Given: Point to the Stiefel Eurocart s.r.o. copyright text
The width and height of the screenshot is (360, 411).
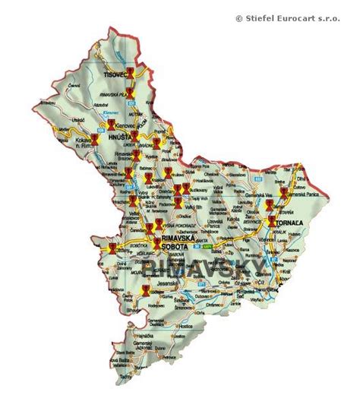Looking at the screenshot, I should (x=297, y=18).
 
